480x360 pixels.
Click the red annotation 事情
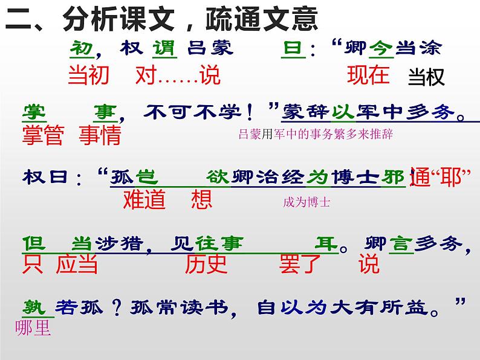tap(100, 135)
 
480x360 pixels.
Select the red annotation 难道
tap(144, 199)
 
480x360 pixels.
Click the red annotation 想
tap(202, 199)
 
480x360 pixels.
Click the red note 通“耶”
tap(439, 177)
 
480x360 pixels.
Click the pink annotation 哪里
tap(34, 329)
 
